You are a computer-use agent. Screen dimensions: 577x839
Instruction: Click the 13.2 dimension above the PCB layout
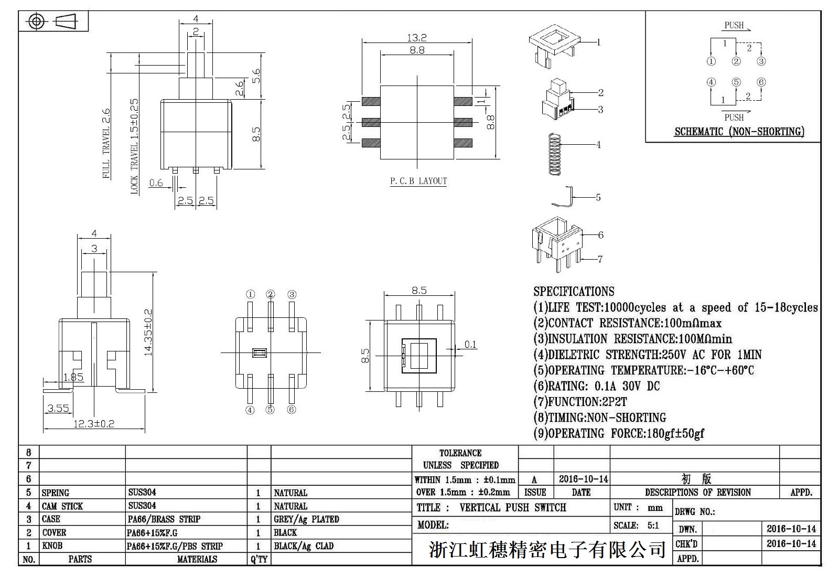[x=417, y=38]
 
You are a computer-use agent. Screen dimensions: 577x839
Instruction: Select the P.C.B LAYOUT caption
[x=418, y=181]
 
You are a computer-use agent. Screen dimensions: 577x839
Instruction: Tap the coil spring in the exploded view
[x=554, y=154]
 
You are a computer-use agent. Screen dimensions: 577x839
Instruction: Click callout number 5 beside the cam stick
[x=598, y=197]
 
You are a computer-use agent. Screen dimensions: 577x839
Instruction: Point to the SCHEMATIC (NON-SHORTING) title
[x=739, y=132]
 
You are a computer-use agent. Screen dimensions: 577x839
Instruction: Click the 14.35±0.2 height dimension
[x=148, y=333]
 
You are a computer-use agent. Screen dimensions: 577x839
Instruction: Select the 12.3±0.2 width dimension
[x=93, y=423]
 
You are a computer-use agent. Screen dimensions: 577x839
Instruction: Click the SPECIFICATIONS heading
[x=574, y=292]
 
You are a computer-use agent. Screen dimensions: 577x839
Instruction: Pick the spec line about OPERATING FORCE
[x=619, y=433]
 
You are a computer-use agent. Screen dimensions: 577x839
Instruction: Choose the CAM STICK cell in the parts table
[x=62, y=506]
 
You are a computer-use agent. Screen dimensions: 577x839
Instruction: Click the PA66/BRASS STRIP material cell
[x=164, y=519]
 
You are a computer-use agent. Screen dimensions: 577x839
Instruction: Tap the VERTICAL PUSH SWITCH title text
[x=513, y=507]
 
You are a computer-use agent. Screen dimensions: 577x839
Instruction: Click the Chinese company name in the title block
[x=547, y=549]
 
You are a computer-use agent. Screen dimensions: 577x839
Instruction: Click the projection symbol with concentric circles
[x=36, y=22]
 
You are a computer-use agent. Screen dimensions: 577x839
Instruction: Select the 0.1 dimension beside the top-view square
[x=470, y=345]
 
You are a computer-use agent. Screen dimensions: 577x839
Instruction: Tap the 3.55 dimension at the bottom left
[x=58, y=408]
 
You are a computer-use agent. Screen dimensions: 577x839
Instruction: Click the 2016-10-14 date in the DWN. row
[x=791, y=529]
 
